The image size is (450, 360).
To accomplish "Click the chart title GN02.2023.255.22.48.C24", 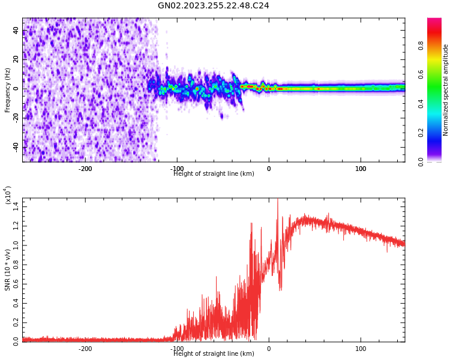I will (x=213, y=6).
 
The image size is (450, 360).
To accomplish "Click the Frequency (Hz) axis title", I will (x=8, y=89).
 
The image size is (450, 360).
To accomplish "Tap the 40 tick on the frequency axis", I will (x=16, y=31).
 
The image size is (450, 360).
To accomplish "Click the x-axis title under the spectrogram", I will (x=214, y=174).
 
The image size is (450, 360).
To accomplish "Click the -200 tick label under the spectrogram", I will (x=85, y=169).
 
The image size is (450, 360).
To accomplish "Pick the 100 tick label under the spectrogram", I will (x=361, y=169).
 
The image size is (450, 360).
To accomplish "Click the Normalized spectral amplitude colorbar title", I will (x=446, y=89).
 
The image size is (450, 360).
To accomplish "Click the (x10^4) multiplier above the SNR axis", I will (x=8, y=196).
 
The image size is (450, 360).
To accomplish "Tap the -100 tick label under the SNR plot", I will (x=177, y=349).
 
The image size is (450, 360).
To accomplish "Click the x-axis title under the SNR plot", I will (x=214, y=354).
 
